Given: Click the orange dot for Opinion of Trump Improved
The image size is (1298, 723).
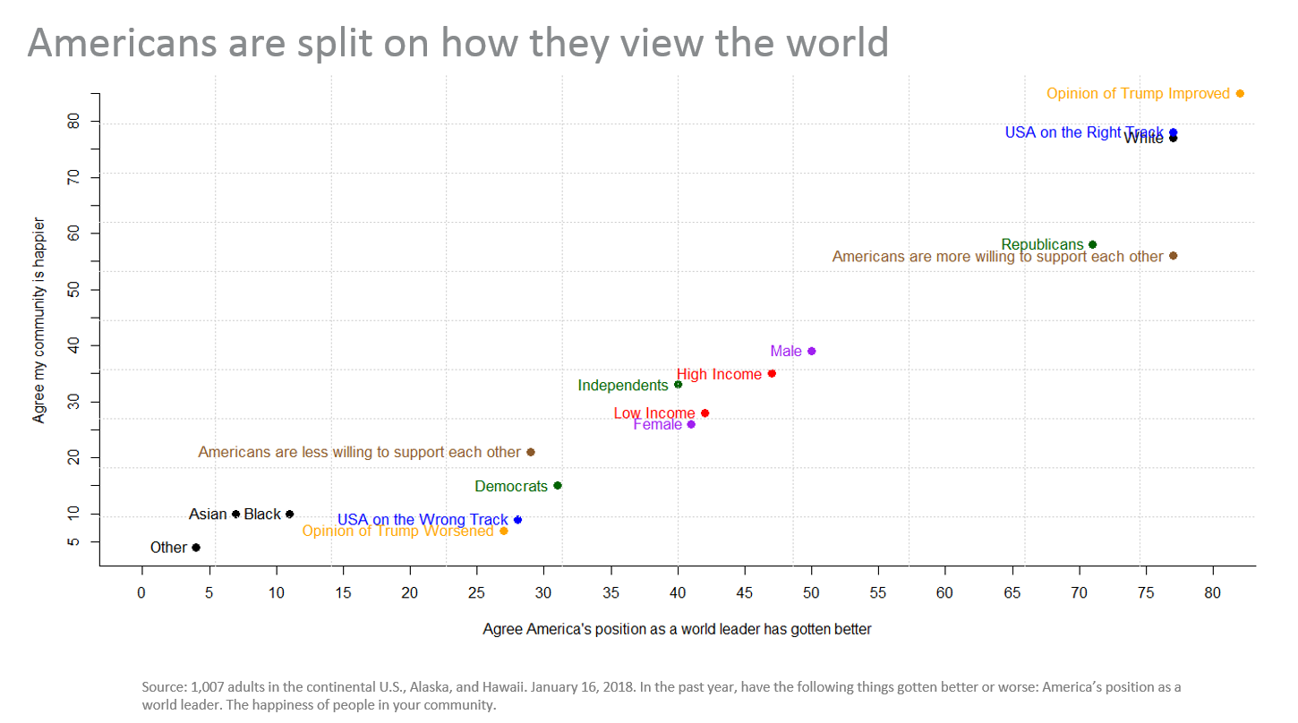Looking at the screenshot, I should click(1240, 94).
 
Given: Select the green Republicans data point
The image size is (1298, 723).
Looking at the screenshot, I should click(1092, 244).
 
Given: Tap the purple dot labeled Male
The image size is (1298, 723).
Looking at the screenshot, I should click(811, 351).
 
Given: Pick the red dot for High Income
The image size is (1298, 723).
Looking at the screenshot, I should click(772, 373).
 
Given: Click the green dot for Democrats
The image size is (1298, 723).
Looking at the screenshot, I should click(558, 486).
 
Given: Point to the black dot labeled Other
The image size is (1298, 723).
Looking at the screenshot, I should click(196, 548).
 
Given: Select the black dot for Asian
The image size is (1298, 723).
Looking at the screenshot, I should click(236, 514).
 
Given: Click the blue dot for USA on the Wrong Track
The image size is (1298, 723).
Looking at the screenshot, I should click(517, 520).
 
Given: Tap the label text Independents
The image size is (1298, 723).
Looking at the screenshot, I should click(623, 386).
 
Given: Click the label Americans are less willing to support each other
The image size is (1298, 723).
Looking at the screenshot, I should click(359, 452).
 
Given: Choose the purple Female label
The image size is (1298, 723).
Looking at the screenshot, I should click(657, 424).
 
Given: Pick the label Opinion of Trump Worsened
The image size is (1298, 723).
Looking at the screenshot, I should click(397, 531).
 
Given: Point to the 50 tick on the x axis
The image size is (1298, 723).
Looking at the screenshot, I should click(812, 592).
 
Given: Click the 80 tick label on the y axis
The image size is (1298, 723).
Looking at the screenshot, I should click(78, 121).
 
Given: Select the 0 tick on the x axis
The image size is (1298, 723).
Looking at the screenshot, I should click(141, 592).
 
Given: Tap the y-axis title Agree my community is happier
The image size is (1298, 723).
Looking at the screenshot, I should click(39, 319).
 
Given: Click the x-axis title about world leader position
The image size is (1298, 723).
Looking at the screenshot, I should click(677, 629).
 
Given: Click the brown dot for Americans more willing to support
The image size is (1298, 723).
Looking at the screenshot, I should click(1173, 256).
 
